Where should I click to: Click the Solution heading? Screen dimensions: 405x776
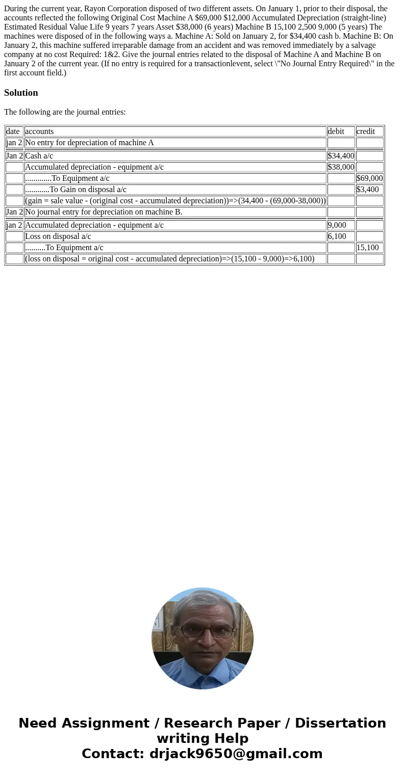coord(21,93)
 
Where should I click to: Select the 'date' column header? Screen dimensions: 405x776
coord(13,131)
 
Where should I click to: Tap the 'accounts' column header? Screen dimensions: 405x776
coord(39,131)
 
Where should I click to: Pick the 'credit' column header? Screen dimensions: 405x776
coord(366,131)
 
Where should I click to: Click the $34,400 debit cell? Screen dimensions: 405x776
coord(341,156)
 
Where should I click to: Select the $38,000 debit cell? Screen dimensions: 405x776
coord(341,167)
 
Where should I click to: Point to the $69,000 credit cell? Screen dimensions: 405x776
coord(369,178)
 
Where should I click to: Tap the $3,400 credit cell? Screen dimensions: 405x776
coord(367,190)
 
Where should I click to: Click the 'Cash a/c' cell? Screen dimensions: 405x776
coord(39,156)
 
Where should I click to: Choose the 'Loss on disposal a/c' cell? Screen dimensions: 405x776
coord(58,236)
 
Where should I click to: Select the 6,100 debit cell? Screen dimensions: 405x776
coord(337,236)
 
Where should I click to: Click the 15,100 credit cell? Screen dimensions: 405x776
coord(367,248)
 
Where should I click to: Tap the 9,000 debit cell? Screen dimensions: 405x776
coord(337,225)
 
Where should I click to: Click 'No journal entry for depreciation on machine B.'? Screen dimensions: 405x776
coord(104,212)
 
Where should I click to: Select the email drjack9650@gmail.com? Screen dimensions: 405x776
coord(236,754)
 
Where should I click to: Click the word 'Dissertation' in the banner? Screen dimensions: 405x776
coord(340,724)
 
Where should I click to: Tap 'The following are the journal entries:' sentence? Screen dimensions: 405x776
coord(65,112)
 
